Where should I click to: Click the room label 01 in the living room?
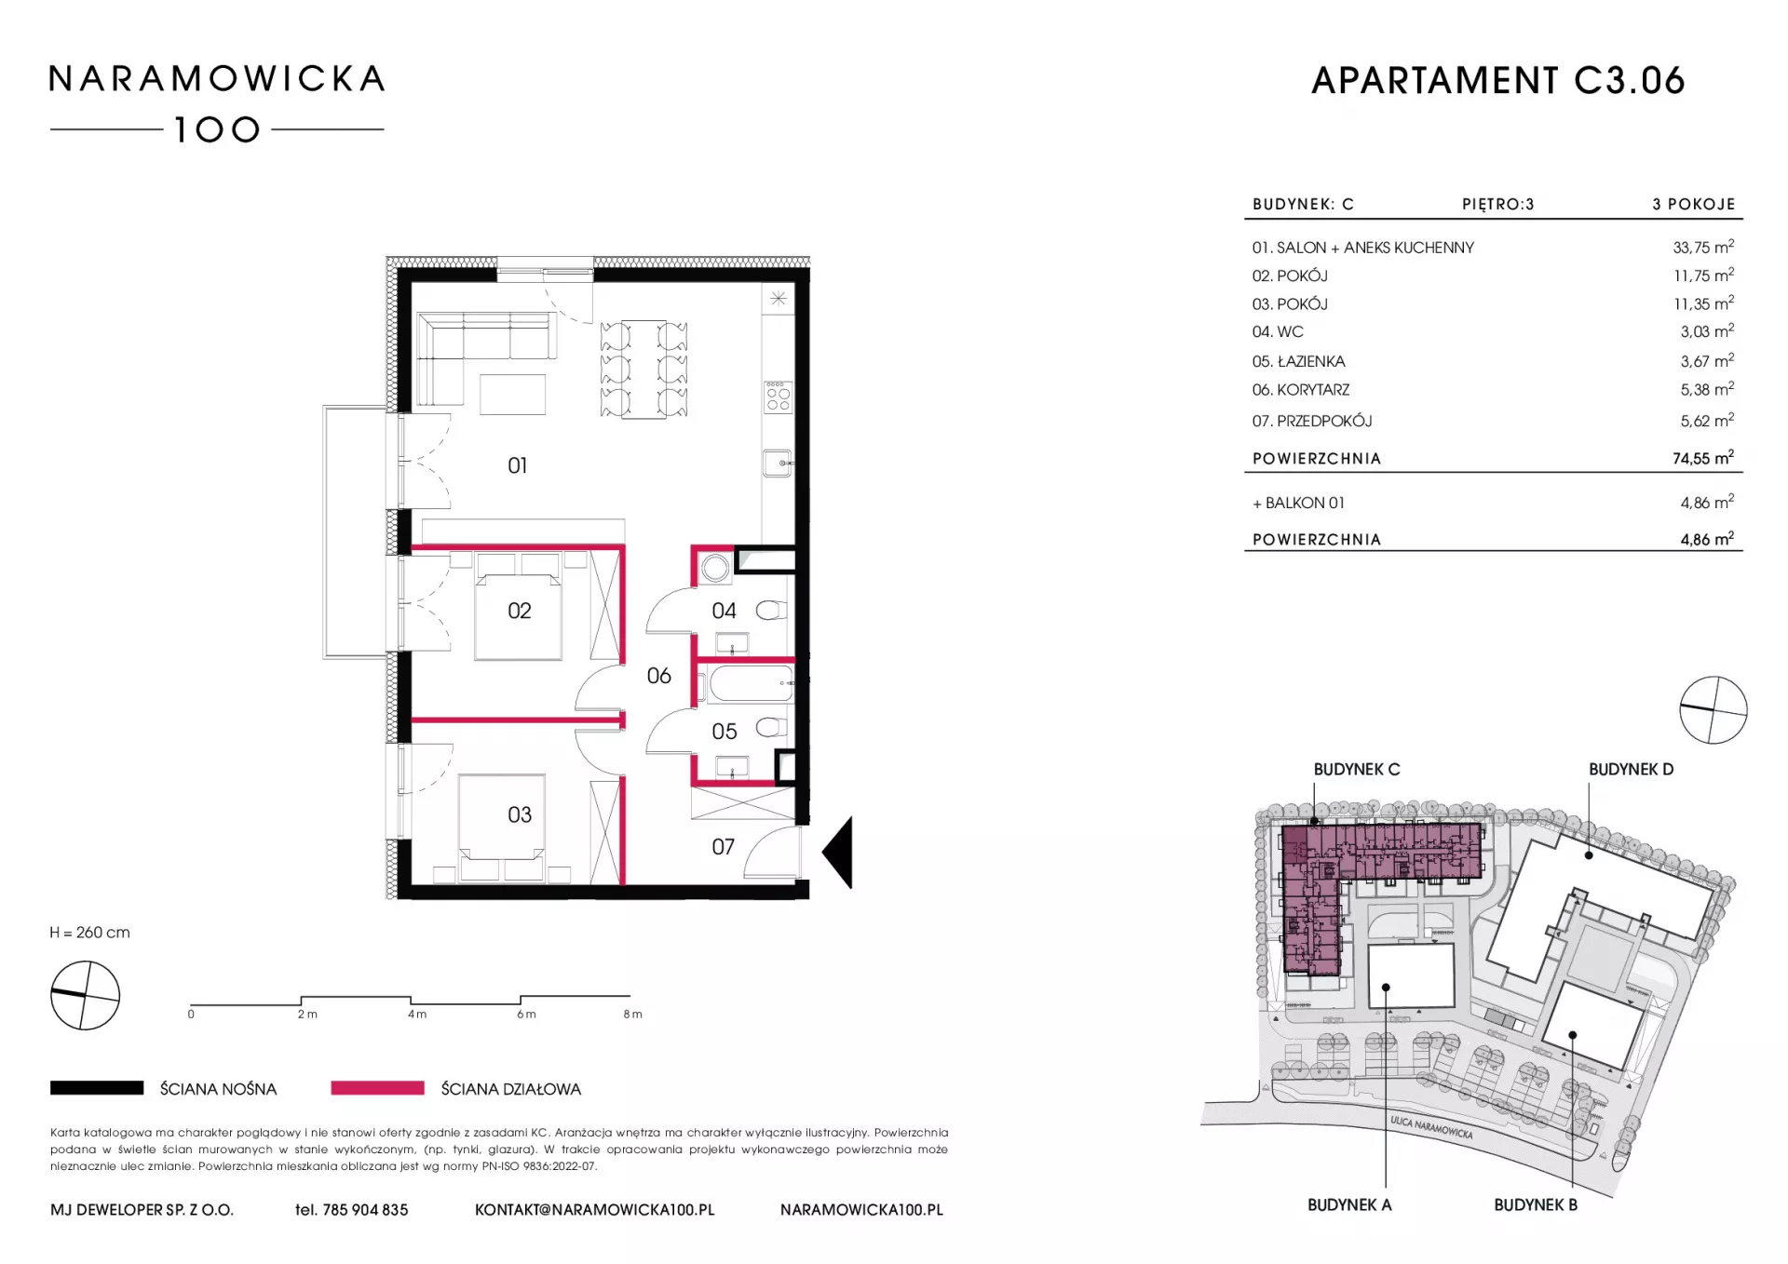(518, 465)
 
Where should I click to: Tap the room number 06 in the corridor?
(659, 676)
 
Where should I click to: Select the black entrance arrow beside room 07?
(837, 853)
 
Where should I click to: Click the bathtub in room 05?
(750, 683)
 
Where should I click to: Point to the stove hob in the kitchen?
(778, 397)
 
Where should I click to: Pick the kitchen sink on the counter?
(778, 463)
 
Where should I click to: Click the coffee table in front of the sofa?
(513, 394)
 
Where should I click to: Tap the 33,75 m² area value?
(1703, 248)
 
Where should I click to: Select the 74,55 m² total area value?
(1703, 458)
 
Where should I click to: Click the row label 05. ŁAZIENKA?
(1298, 361)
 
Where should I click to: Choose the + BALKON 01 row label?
(1298, 503)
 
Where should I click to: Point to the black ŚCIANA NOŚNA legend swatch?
(97, 1088)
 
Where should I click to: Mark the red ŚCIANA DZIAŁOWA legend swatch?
(378, 1088)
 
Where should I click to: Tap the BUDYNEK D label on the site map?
(1631, 770)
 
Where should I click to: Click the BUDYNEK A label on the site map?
(1349, 1204)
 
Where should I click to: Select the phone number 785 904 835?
(365, 1210)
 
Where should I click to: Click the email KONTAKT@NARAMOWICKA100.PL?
(595, 1210)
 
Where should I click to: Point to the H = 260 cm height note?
(90, 933)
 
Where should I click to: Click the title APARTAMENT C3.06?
(1498, 81)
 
